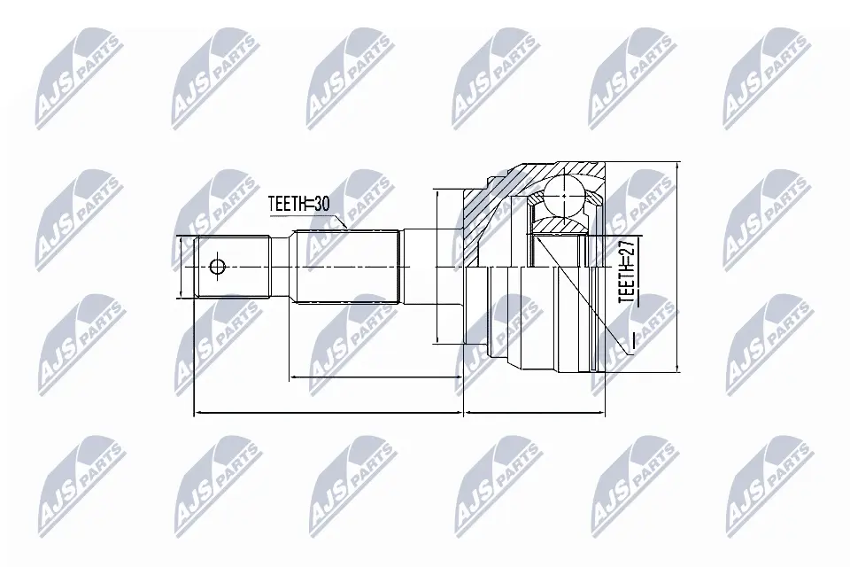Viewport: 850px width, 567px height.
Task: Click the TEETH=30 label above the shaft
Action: pyautogui.click(x=298, y=204)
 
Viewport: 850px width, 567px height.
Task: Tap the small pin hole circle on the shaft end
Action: pyautogui.click(x=217, y=267)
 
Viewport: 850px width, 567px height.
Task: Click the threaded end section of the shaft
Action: pyautogui.click(x=233, y=267)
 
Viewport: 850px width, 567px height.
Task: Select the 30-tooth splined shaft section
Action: pyautogui.click(x=347, y=267)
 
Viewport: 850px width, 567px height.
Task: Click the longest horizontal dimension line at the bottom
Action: pyautogui.click(x=328, y=414)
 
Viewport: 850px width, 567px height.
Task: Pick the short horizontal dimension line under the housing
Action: pyautogui.click(x=536, y=414)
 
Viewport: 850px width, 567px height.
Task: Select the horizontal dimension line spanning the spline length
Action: pyautogui.click(x=376, y=376)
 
